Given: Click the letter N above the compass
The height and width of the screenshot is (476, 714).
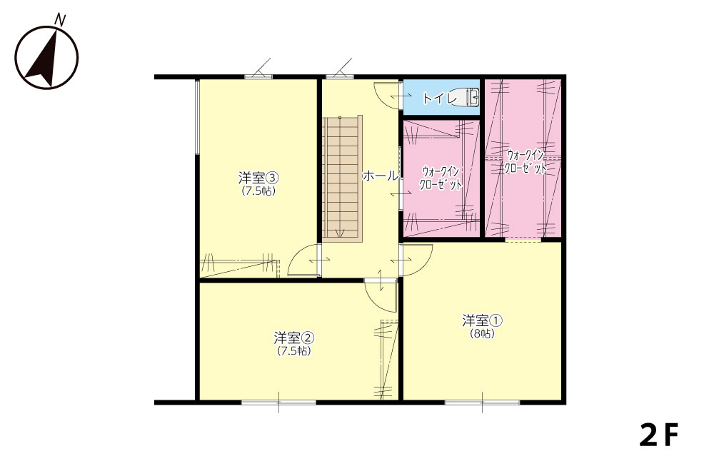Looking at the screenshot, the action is point(60,19).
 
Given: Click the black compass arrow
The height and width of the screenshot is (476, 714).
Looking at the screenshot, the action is point(44,61).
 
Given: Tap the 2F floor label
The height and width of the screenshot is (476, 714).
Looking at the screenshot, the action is point(659,435).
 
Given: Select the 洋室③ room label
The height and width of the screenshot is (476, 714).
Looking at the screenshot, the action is point(258,176).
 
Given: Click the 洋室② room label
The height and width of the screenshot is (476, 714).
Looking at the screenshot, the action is point(294,338).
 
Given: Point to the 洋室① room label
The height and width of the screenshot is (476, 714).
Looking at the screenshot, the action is point(482,321).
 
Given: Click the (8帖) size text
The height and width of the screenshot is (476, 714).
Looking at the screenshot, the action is point(482,334).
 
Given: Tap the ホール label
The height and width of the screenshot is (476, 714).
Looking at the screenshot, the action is point(381,176).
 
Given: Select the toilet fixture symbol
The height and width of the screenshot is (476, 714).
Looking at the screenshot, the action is point(468,97).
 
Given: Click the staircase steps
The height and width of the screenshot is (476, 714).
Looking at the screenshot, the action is point(342,178).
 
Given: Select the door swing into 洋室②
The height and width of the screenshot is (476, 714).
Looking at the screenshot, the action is point(381,295).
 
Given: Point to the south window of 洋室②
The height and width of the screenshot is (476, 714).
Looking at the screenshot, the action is point(278,402).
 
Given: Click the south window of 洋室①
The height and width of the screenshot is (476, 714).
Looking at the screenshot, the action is point(482,402).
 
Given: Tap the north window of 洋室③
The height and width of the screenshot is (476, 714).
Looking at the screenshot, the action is point(258,76).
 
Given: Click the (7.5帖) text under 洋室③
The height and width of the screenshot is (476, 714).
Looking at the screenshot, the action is point(258,191).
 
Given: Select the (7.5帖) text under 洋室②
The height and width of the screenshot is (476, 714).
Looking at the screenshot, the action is point(294,351).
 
